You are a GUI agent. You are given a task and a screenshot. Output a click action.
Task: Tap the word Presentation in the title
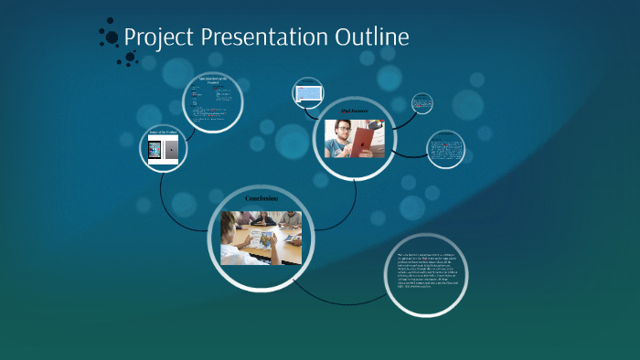(261, 37)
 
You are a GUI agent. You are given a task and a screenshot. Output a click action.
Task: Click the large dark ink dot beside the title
(112, 37)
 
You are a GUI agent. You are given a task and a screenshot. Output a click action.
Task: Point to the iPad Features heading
(353, 112)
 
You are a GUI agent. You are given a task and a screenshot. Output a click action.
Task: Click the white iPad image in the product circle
(155, 150)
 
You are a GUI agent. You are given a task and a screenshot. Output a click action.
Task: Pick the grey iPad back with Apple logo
(172, 150)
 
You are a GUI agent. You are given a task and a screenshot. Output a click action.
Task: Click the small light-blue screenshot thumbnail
(308, 93)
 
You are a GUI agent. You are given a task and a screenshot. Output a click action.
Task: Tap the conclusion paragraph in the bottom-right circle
(426, 270)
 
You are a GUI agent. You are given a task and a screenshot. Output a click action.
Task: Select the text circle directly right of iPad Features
(445, 149)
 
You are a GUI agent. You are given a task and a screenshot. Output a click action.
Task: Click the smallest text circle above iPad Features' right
(421, 103)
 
